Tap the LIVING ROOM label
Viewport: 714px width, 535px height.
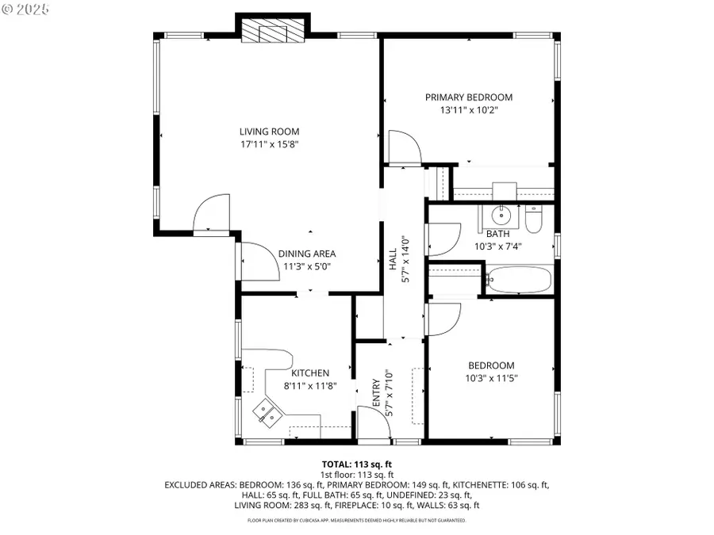[270, 132]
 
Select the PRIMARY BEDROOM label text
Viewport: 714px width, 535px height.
[468, 97]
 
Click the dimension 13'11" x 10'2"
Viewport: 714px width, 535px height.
[468, 111]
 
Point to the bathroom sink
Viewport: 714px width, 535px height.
[501, 215]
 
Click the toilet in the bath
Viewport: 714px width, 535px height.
[534, 219]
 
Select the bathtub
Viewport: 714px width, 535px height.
[517, 280]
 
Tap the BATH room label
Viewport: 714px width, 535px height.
[497, 234]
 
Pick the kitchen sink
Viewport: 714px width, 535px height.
[266, 412]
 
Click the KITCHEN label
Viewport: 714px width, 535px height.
[309, 373]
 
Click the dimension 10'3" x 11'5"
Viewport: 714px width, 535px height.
[491, 378]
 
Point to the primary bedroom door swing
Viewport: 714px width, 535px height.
[405, 147]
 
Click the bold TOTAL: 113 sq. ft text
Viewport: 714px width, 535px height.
[356, 464]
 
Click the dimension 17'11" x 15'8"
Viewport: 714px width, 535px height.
[270, 145]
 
